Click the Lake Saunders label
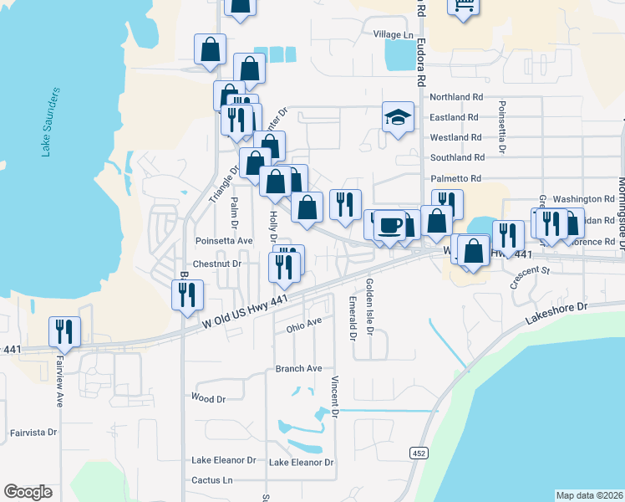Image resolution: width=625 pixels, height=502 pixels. (x=50, y=121)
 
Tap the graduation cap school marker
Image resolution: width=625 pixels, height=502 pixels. (x=399, y=118)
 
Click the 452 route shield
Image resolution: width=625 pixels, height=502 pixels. (x=419, y=453)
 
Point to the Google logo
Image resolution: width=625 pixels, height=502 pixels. (x=28, y=492)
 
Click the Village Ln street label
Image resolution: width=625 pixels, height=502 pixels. (x=394, y=34)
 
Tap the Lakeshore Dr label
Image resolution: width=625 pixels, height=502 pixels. (x=557, y=314)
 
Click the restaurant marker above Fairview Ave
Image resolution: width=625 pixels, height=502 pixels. (x=64, y=332)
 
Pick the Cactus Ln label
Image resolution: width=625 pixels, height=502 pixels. (x=211, y=480)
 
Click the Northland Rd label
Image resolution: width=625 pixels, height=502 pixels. (x=455, y=97)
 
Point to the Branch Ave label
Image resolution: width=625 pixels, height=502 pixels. (x=298, y=369)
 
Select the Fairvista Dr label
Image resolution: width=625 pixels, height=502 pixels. (x=33, y=433)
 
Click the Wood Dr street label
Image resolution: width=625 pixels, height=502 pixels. (x=208, y=399)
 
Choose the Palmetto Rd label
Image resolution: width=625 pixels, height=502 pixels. (x=456, y=178)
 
